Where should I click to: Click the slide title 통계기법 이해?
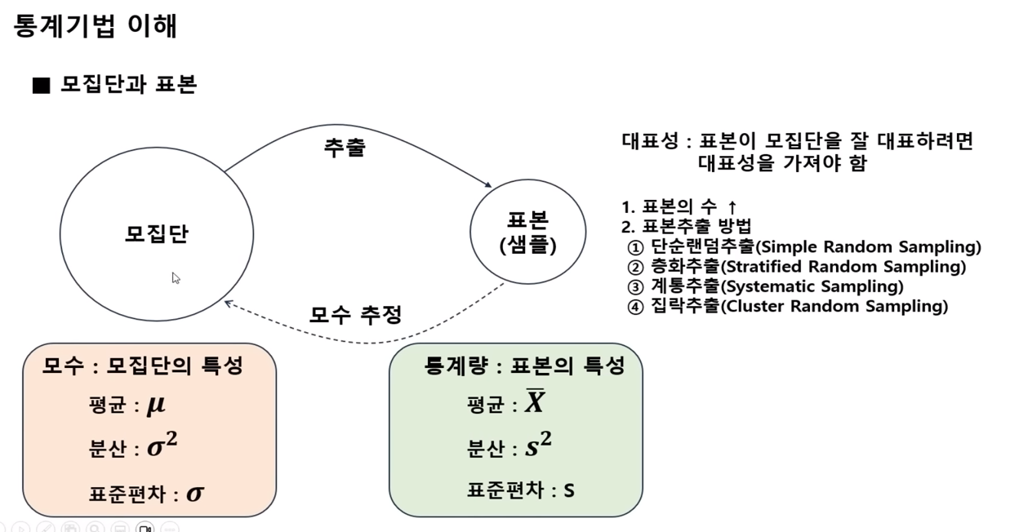pyautogui.click(x=96, y=26)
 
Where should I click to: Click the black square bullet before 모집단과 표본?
pyautogui.click(x=41, y=86)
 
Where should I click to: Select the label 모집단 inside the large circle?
pyautogui.click(x=157, y=234)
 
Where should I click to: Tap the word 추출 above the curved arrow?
pyautogui.click(x=345, y=148)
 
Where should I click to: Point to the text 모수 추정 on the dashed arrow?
pyautogui.click(x=355, y=314)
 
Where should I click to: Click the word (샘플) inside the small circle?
pyautogui.click(x=527, y=244)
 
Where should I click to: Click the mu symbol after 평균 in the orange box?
pyautogui.click(x=156, y=406)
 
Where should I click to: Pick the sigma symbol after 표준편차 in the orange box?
pyautogui.click(x=195, y=493)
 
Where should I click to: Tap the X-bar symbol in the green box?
pyautogui.click(x=535, y=402)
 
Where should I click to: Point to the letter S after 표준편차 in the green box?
pyautogui.click(x=569, y=490)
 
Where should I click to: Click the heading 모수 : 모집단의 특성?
pyautogui.click(x=143, y=366)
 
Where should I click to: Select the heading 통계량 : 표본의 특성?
pyautogui.click(x=524, y=366)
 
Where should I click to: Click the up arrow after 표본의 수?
pyautogui.click(x=732, y=207)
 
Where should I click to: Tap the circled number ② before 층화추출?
pyautogui.click(x=635, y=267)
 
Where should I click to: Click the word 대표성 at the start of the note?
pyautogui.click(x=649, y=141)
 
